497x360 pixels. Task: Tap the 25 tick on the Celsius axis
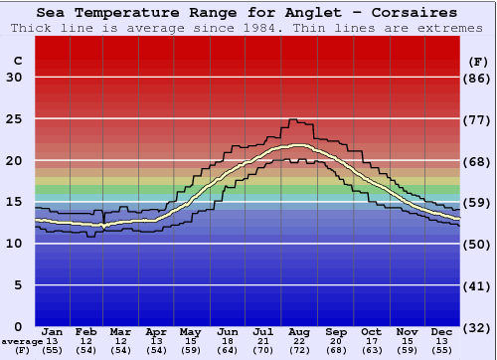click(14, 119)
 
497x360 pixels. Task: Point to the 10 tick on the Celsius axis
click(14, 244)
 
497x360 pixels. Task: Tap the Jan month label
click(54, 331)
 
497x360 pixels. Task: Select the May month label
click(190, 331)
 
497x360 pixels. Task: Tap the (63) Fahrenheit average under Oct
click(371, 350)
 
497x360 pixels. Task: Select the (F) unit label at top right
click(478, 62)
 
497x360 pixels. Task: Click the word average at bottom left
click(22, 341)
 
